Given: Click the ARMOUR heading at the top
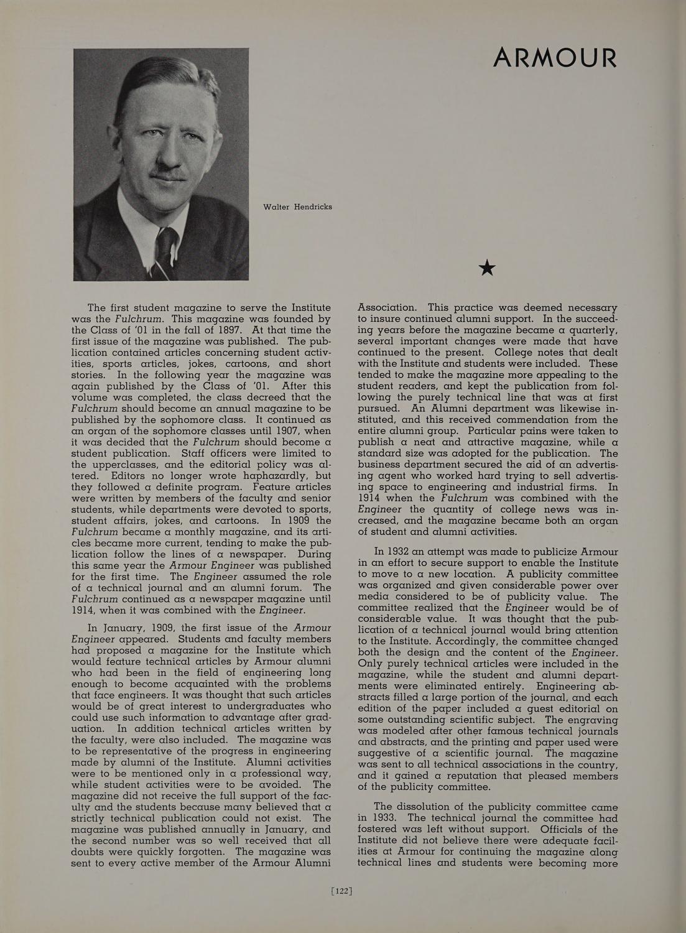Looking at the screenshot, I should pos(555,58).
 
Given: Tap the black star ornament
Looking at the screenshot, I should pos(487,268).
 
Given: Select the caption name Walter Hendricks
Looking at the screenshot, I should pos(297,207).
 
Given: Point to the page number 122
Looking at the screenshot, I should pos(343,891).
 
